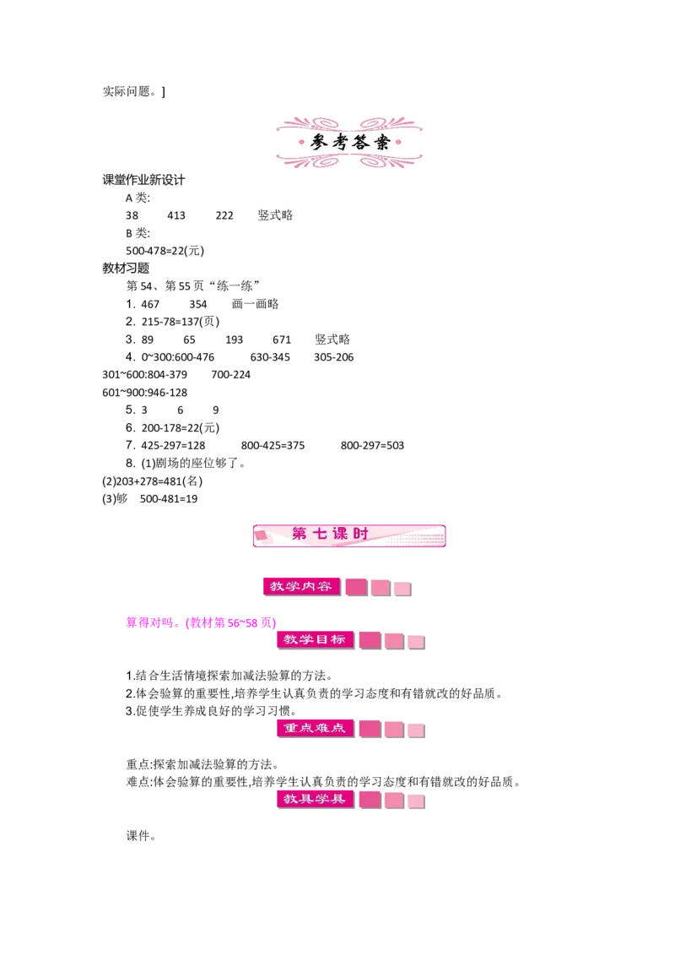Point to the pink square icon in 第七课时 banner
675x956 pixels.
pos(262,535)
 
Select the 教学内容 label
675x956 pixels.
pos(300,586)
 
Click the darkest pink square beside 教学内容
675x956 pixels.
pos(356,587)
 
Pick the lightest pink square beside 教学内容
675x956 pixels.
pos(402,589)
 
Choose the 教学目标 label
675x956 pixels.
pos(315,639)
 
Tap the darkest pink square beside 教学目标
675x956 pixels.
pos(370,640)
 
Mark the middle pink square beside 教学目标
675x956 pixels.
pos(394,641)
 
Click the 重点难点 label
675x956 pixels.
pos(315,727)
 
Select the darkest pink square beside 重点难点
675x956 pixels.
pos(370,728)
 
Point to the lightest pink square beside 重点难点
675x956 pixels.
pos(416,730)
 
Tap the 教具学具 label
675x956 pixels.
pos(315,798)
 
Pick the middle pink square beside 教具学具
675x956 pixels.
pos(394,800)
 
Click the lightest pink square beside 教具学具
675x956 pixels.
pos(416,801)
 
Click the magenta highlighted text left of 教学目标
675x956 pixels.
pos(200,624)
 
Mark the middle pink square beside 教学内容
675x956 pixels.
pos(381,588)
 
